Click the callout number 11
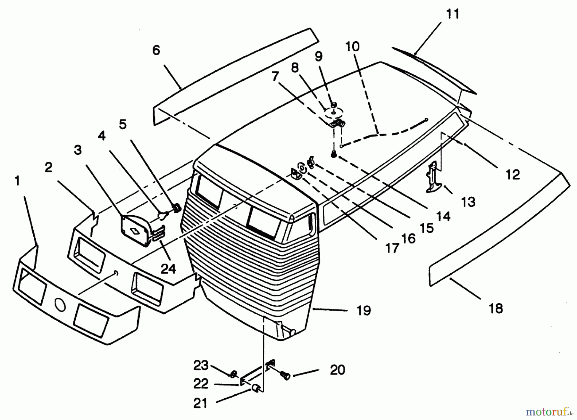click(x=453, y=14)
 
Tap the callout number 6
click(x=156, y=50)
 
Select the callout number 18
click(x=496, y=309)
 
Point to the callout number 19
click(x=364, y=310)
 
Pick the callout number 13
click(x=468, y=202)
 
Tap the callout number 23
click(x=201, y=366)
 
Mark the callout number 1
click(x=17, y=181)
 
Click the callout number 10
click(x=353, y=47)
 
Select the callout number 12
click(x=512, y=175)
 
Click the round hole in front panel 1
click(x=60, y=306)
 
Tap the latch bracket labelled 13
click(x=434, y=178)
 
